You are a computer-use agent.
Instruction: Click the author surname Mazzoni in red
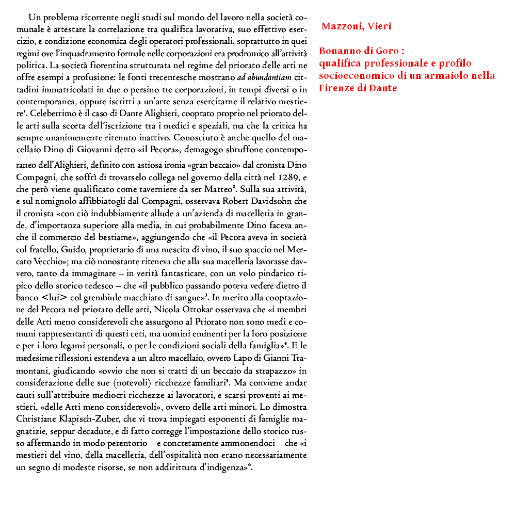coord(341,26)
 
